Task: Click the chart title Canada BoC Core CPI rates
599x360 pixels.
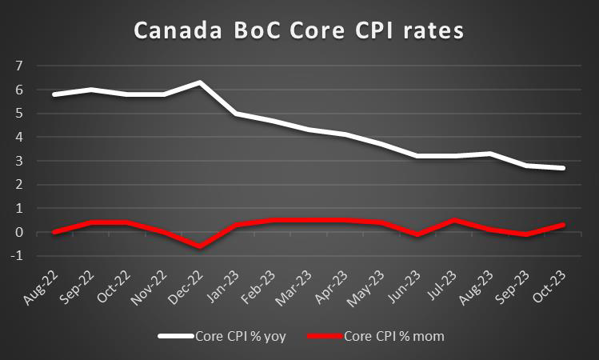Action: (299, 31)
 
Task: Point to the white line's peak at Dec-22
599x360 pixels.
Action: (199, 82)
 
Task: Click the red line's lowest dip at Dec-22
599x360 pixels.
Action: (199, 246)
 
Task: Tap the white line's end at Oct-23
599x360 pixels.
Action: (565, 168)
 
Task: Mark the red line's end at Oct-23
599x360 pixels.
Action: (565, 225)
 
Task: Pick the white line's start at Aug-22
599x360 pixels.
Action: (54, 94)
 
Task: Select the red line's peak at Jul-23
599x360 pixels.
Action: (455, 220)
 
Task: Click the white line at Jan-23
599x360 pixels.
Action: (235, 114)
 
